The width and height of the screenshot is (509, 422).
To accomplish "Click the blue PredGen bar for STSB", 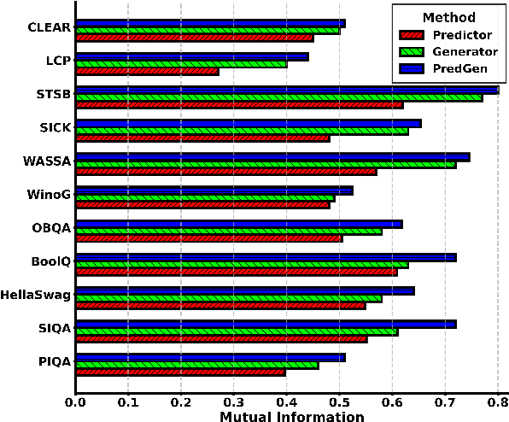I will click(287, 90).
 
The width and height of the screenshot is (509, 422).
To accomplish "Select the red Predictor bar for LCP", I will click(147, 71).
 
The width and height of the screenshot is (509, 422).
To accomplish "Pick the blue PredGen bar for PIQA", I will click(210, 357).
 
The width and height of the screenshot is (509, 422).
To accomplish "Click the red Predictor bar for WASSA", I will click(226, 172).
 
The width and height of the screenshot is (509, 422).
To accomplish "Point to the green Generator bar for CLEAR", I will click(208, 31).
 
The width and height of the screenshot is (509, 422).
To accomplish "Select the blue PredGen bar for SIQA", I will click(266, 324).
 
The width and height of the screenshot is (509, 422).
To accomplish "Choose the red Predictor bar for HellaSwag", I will click(220, 305).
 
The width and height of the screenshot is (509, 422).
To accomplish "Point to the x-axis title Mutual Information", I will click(291, 416).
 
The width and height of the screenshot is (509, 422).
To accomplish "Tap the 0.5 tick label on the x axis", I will click(339, 399).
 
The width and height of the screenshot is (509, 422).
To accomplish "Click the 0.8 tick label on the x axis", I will click(497, 399).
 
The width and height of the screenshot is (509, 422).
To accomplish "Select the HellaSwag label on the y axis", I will click(36, 296).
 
